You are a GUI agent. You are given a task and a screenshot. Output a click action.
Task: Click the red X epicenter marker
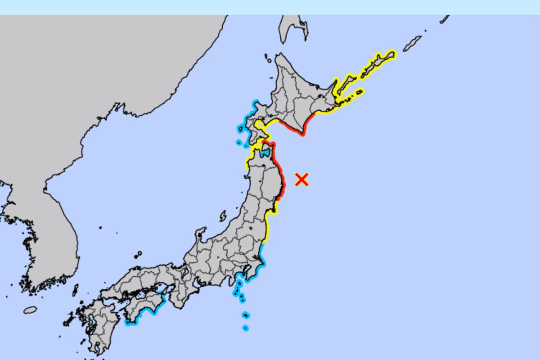coord(301,180)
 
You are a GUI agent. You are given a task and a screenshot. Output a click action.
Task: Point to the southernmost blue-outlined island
coord(245,328)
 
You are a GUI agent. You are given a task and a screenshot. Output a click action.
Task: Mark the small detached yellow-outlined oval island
coord(359,92)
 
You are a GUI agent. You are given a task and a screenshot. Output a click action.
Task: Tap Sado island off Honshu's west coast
coord(223,216)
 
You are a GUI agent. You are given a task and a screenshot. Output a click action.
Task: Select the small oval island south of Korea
coord(30,310)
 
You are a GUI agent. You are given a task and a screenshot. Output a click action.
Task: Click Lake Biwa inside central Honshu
coord(185,271)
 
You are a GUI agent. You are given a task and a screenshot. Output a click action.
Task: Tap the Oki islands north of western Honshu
coord(138,255)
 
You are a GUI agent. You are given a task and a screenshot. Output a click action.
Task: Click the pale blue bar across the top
coord(270,7)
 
